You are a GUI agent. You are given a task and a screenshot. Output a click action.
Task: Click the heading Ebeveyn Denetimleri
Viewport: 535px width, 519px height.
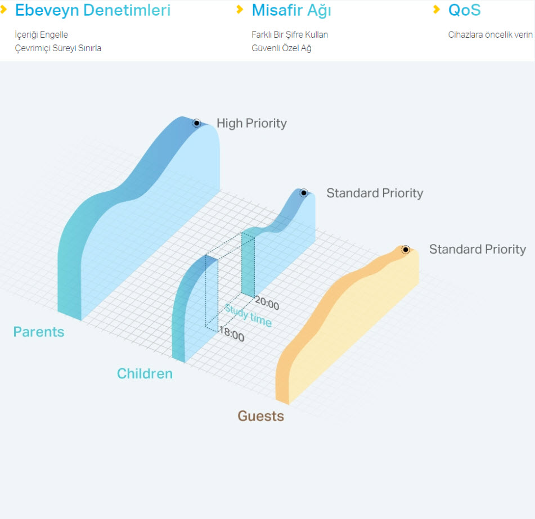(93, 10)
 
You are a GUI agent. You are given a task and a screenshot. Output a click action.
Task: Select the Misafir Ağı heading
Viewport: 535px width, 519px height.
(291, 10)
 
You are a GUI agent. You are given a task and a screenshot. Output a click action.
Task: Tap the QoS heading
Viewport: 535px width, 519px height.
(464, 10)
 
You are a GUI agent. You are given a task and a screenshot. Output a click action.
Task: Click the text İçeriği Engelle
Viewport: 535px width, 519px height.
(41, 35)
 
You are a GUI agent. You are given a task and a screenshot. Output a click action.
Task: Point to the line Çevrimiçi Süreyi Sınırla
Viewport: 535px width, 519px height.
(58, 48)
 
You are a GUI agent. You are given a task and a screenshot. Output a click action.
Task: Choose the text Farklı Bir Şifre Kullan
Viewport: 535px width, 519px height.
(290, 35)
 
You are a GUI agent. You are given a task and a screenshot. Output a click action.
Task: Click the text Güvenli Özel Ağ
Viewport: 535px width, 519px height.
(281, 48)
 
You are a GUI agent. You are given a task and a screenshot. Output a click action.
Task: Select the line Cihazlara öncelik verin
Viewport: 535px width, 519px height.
(491, 35)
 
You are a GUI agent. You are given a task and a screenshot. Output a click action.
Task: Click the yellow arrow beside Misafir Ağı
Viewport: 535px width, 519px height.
(240, 10)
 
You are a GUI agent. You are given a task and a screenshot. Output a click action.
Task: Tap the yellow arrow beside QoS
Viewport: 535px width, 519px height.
(437, 10)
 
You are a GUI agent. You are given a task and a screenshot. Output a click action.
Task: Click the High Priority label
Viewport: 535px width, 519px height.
(252, 124)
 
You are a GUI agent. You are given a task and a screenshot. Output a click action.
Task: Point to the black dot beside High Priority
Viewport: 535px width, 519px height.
(196, 123)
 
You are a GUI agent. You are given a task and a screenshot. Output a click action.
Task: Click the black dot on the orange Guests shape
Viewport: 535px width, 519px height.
(406, 250)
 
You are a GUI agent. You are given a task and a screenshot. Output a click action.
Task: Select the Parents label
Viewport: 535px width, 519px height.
(39, 332)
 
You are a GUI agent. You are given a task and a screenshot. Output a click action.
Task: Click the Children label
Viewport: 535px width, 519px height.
(145, 374)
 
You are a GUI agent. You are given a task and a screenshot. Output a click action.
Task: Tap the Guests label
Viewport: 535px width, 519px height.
(261, 416)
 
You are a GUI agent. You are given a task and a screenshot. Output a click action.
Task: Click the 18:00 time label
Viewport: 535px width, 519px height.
(232, 334)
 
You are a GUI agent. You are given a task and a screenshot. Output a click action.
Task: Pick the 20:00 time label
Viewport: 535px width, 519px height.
(267, 303)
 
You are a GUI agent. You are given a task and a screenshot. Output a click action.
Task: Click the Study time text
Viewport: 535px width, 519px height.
(249, 316)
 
